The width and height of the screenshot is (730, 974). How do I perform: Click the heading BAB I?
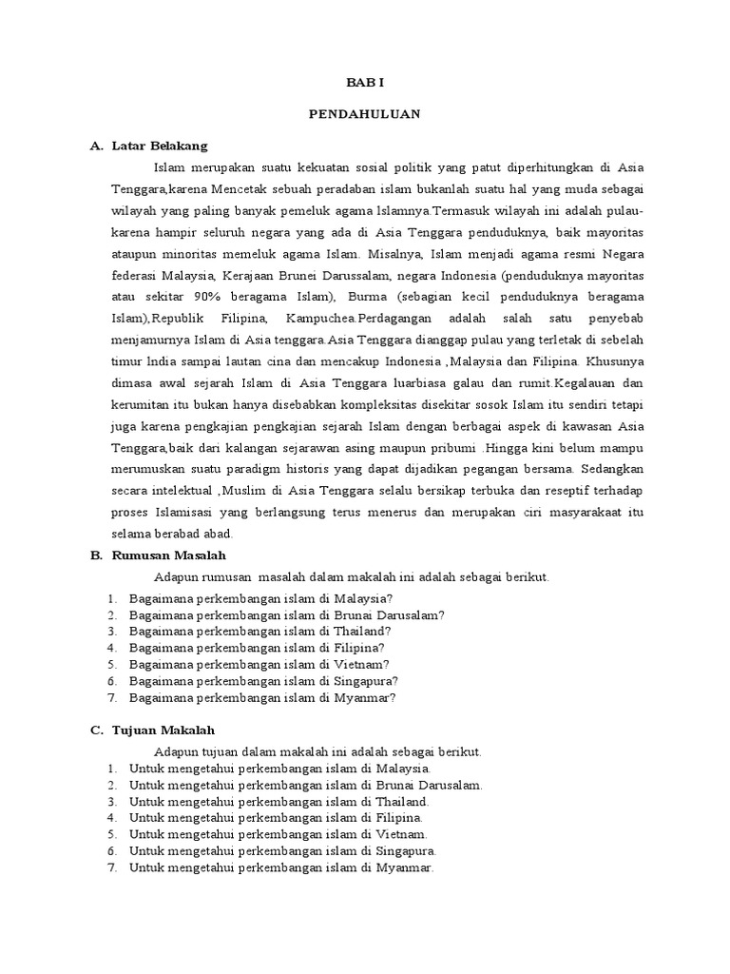pyautogui.click(x=364, y=83)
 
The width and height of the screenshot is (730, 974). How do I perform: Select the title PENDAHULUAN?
pyautogui.click(x=364, y=114)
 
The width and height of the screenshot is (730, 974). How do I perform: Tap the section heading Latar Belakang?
pyautogui.click(x=159, y=146)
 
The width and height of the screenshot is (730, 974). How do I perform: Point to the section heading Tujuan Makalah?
pyautogui.click(x=163, y=730)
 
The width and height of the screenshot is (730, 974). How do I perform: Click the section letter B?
pyautogui.click(x=95, y=555)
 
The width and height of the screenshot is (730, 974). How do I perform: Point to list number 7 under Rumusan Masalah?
pyautogui.click(x=111, y=697)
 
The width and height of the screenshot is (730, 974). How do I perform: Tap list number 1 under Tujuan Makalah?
pyautogui.click(x=111, y=769)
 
